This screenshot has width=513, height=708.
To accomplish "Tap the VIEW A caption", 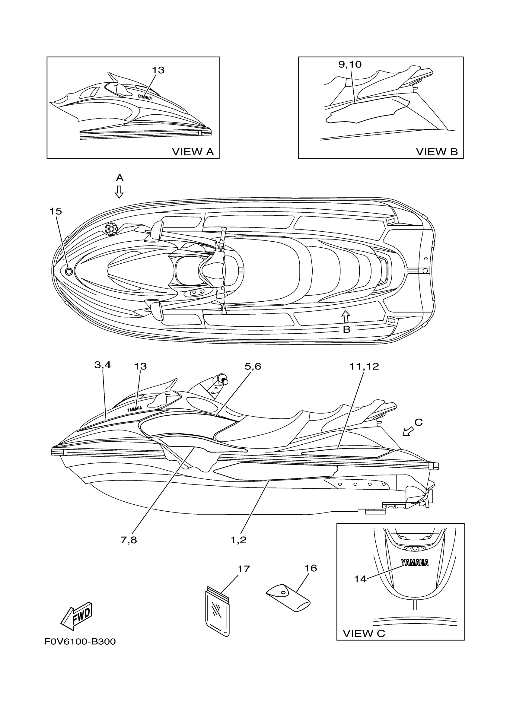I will (193, 152).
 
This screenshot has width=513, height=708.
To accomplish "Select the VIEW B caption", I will (437, 152).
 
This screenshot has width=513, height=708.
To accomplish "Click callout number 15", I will (56, 211).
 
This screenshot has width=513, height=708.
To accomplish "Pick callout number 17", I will (244, 569).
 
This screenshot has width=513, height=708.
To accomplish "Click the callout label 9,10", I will (350, 64).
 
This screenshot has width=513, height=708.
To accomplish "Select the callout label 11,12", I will (364, 366).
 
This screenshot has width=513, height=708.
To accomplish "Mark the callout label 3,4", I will (103, 365).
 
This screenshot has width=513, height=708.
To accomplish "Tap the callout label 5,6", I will (253, 366).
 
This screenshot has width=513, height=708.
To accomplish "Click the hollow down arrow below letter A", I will (119, 192).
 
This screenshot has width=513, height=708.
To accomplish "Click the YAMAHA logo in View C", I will (415, 563).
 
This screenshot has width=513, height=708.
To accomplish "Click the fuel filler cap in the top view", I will (110, 229).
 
